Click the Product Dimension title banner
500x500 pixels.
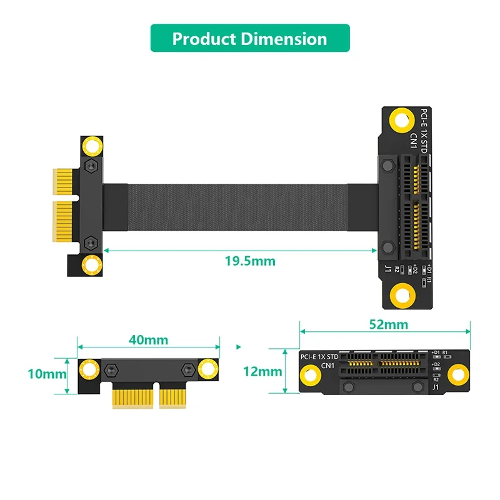(250, 38)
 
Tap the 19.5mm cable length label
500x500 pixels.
(250, 261)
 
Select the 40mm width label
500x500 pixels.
(147, 339)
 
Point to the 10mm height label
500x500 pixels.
(47, 374)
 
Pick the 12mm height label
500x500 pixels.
(262, 371)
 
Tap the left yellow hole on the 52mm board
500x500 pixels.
(312, 374)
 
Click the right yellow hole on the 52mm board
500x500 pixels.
(459, 374)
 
